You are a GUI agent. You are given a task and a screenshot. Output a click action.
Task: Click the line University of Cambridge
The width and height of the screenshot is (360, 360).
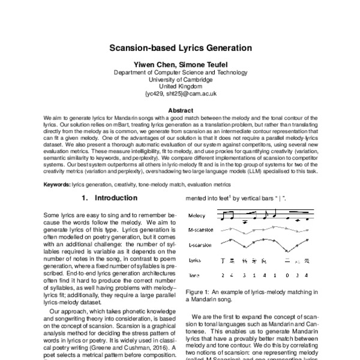pyautogui.click(x=180, y=79)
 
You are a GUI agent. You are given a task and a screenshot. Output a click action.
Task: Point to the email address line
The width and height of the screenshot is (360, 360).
pyautogui.click(x=180, y=94)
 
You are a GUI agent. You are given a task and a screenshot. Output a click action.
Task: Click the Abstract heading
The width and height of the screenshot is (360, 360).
pyautogui.click(x=180, y=110)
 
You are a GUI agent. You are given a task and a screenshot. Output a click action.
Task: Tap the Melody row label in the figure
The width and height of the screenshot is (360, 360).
pyautogui.click(x=196, y=215)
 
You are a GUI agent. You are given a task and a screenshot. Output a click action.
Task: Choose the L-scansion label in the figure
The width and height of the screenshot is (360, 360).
pyautogui.click(x=199, y=245)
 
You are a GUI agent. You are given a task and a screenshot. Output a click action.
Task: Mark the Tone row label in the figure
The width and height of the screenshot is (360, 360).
pyautogui.click(x=193, y=275)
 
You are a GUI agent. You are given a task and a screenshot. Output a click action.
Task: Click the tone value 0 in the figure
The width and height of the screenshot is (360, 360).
pyautogui.click(x=287, y=275)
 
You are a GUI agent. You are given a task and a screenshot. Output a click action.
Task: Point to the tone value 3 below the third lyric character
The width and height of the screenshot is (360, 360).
pyautogui.click(x=244, y=275)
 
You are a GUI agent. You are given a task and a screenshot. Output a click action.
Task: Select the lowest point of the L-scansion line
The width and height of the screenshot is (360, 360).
pyautogui.click(x=287, y=251)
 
